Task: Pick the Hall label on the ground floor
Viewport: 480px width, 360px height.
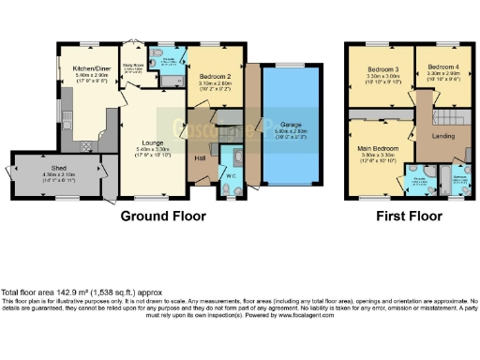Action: (200, 157)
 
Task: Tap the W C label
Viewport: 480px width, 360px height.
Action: (231, 174)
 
